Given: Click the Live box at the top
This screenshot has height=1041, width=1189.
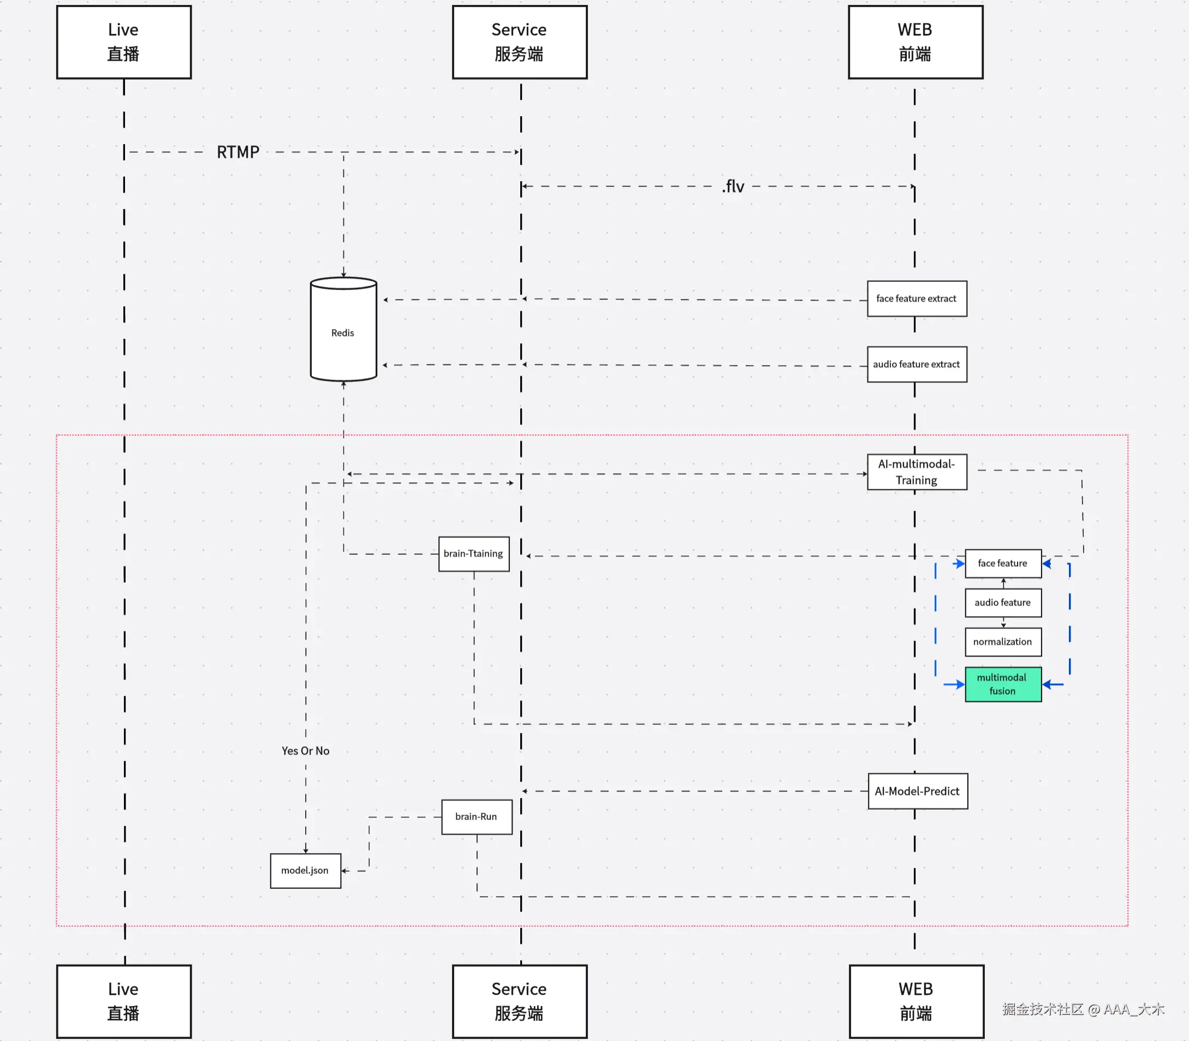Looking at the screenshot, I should click(124, 42).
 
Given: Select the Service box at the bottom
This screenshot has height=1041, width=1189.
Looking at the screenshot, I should click(520, 1001).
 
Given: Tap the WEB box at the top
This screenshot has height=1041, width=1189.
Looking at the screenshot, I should click(915, 42).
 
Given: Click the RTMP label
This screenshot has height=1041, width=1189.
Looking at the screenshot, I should click(237, 152).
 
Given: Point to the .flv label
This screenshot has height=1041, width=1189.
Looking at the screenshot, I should click(733, 187).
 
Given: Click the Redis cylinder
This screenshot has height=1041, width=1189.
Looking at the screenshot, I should click(343, 331).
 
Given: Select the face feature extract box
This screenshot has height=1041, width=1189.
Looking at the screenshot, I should click(917, 298).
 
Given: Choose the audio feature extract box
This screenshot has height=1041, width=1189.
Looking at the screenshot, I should click(917, 364).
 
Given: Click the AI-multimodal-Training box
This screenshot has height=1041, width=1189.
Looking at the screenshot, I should click(917, 472).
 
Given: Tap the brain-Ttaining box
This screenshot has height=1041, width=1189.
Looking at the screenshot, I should click(474, 554).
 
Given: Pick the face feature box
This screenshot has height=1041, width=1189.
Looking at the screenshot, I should click(1002, 563).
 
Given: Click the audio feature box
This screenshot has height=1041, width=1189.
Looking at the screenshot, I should click(1002, 602).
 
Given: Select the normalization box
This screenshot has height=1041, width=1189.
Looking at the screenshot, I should click(1002, 642).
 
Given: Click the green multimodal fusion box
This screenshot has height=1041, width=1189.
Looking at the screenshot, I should click(1002, 684).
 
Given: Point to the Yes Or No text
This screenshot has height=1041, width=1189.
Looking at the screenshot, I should click(306, 751).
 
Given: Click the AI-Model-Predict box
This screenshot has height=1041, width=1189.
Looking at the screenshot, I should click(917, 791).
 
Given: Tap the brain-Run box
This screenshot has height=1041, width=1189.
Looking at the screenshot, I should click(477, 817).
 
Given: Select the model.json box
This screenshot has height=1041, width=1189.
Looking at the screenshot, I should click(305, 870).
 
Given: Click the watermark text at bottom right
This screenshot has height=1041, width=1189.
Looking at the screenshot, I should click(1083, 1009).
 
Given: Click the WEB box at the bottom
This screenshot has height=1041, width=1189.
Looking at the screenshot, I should click(916, 1001).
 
